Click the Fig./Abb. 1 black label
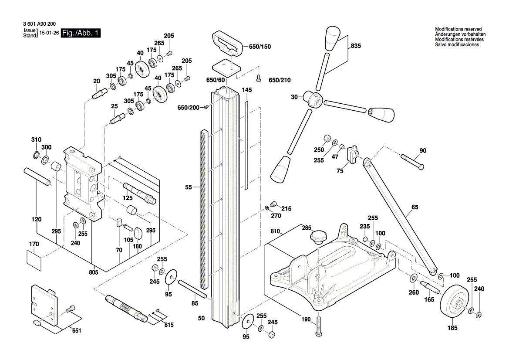81,34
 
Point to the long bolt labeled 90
411,161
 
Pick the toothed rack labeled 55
204,209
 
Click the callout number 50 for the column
201,319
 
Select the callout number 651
76,331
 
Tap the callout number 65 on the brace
414,208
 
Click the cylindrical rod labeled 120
38,177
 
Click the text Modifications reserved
458,29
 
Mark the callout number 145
247,90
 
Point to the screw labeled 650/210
260,79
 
